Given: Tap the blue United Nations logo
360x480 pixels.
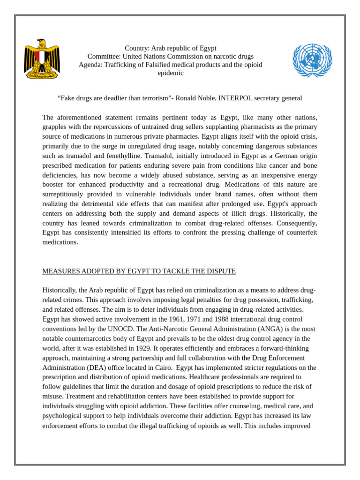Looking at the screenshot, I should coord(312,60).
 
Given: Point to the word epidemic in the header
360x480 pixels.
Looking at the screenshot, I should coord(171,73).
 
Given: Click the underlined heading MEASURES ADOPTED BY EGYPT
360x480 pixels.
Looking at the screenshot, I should coord(139,271).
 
